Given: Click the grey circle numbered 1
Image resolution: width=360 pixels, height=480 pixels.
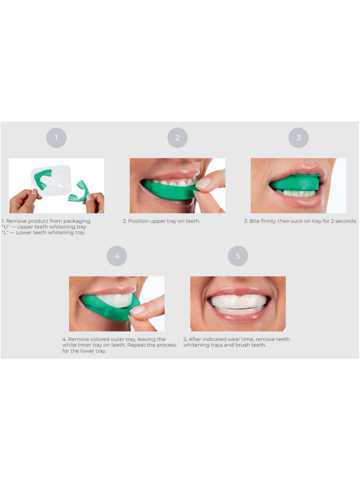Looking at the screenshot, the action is pyautogui.click(x=56, y=138).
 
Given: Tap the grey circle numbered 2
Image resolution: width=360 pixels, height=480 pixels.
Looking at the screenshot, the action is pyautogui.click(x=178, y=138).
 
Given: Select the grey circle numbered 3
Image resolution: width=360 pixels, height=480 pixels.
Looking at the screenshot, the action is pyautogui.click(x=299, y=138).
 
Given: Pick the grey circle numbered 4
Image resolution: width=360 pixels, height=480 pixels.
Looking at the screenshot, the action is pyautogui.click(x=117, y=256).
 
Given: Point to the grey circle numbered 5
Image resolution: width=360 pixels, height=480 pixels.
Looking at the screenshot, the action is pyautogui.click(x=238, y=256).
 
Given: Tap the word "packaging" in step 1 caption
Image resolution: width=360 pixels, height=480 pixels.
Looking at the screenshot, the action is pyautogui.click(x=77, y=221).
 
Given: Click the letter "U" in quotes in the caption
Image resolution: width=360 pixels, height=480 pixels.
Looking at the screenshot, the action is pyautogui.click(x=6, y=227).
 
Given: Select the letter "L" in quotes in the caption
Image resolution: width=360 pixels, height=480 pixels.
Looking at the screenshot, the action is pyautogui.click(x=5, y=232).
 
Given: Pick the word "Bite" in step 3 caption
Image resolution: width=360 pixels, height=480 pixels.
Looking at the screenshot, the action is pyautogui.click(x=255, y=221).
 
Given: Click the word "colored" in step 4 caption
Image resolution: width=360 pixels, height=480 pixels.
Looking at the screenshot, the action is pyautogui.click(x=100, y=339).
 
